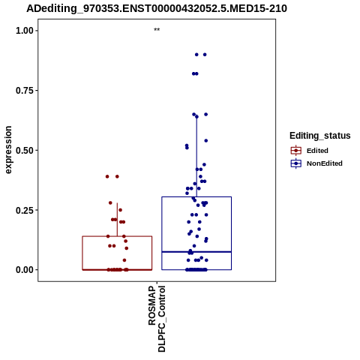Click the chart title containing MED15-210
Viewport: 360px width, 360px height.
coord(157,8)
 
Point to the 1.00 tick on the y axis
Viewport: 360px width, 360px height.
coord(25,31)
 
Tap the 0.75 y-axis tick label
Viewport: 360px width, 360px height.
coord(25,91)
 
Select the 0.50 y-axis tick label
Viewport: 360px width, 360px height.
coord(25,151)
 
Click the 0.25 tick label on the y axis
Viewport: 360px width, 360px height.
coord(25,210)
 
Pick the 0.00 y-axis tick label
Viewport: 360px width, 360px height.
coord(25,270)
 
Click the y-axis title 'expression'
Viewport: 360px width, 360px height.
coord(8,150)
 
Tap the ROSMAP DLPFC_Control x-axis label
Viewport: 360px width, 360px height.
coord(157,319)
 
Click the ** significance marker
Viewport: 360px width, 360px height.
coord(157,30)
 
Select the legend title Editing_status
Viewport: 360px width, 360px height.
coord(320,136)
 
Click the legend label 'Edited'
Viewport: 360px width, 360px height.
coord(317,151)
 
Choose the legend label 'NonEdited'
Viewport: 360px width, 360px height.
coord(325,163)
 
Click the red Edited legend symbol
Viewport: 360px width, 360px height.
coord(296,151)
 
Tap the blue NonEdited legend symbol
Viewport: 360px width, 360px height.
coord(296,163)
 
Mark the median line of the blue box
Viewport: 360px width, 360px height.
coord(196,252)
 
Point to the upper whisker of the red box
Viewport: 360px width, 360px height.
coord(117,220)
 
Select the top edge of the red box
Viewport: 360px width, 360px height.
coord(117,236)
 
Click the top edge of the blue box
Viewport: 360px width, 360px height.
coord(196,197)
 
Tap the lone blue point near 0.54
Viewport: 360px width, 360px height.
coord(206,141)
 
